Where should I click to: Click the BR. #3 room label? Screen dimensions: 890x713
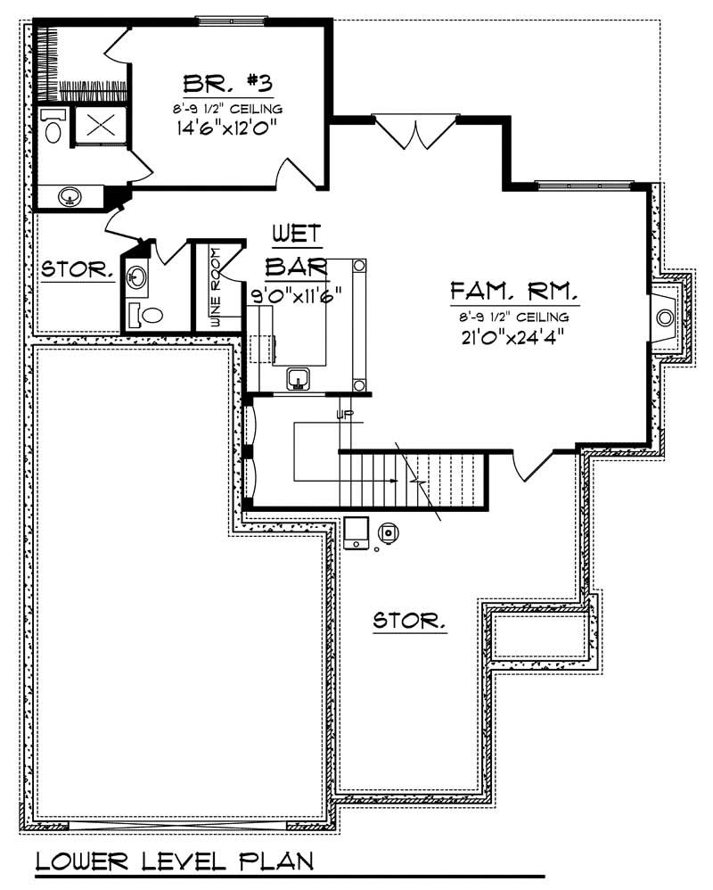pyautogui.click(x=226, y=84)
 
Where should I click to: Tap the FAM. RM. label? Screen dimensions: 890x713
pyautogui.click(x=514, y=292)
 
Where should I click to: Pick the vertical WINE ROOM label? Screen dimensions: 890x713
pyautogui.click(x=215, y=287)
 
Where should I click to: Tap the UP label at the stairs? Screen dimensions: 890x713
pyautogui.click(x=345, y=415)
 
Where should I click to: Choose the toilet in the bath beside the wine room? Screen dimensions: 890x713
pyautogui.click(x=146, y=314)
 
